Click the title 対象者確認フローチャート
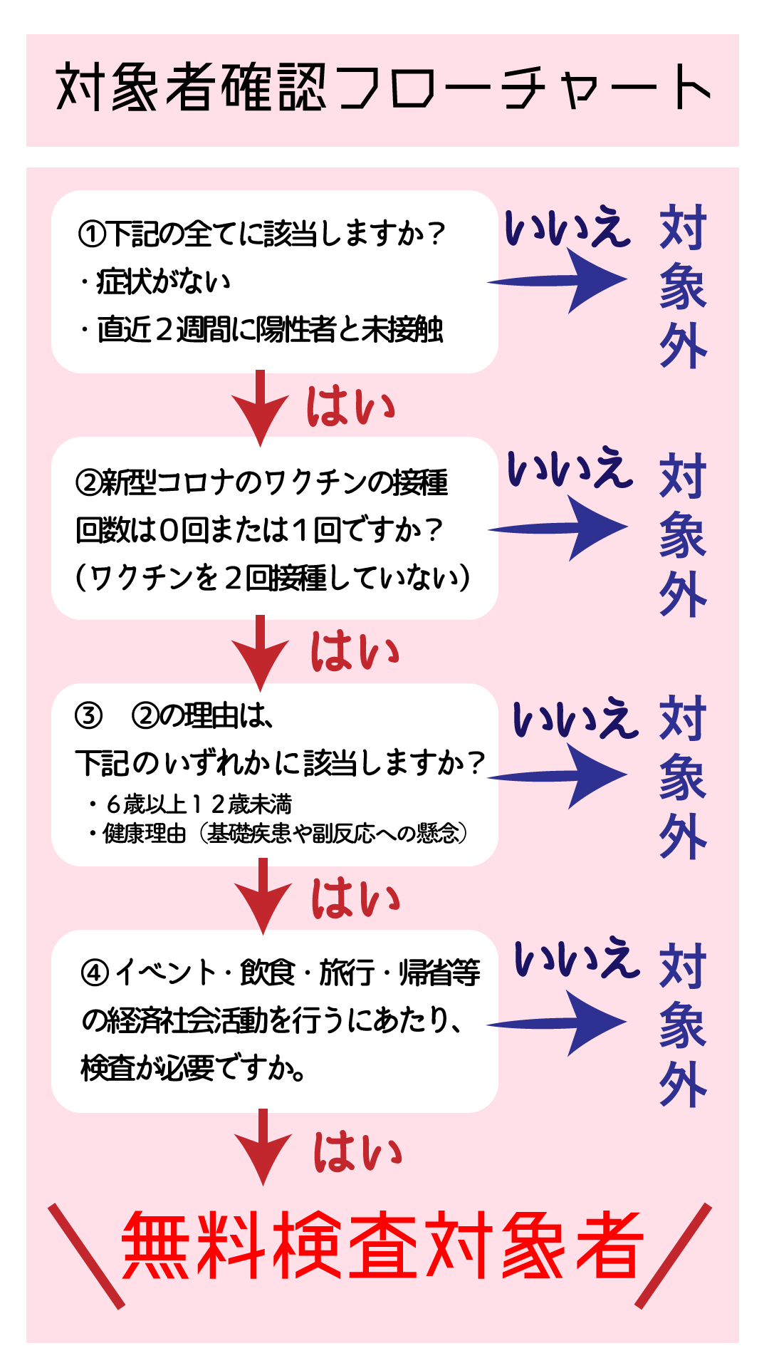tap(383, 88)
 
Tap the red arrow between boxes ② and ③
tap(261, 653)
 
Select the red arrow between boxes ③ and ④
tap(263, 896)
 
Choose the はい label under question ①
tap(350, 408)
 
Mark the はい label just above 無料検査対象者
tap(357, 1153)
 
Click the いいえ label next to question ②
tap(570, 469)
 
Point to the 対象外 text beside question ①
tap(682, 286)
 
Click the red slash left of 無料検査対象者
tap(86, 1256)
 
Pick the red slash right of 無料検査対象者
tap(674, 1256)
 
